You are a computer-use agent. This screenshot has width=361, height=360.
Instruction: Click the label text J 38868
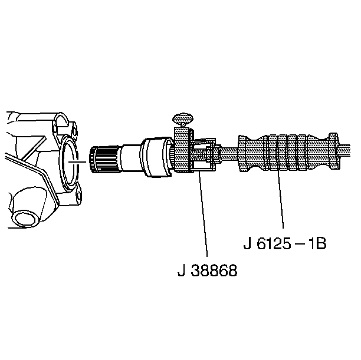click(x=207, y=270)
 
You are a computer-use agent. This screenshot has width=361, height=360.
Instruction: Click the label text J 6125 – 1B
click(x=285, y=243)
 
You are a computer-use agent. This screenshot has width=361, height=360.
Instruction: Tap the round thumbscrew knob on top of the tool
click(x=183, y=118)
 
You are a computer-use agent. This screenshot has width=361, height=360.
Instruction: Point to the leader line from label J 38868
click(x=204, y=214)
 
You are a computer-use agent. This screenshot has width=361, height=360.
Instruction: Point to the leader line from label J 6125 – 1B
click(x=280, y=199)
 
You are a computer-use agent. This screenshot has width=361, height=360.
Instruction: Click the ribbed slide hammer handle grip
click(x=288, y=152)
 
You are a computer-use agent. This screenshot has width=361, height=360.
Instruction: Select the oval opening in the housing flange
click(x=70, y=161)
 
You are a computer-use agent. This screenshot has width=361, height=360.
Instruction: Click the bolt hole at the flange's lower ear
click(x=78, y=195)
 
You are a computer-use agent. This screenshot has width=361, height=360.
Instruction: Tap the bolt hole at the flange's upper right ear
click(x=74, y=131)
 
